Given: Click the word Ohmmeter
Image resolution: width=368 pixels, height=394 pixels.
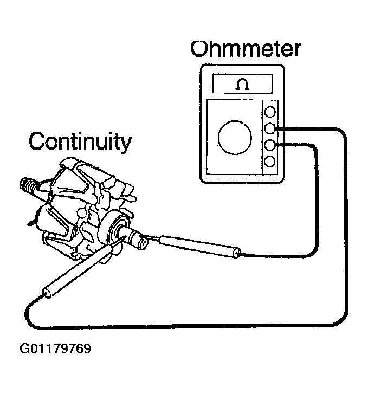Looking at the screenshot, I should click(x=245, y=49).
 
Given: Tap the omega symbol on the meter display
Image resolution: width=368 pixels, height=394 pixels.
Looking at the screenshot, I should click(x=242, y=85).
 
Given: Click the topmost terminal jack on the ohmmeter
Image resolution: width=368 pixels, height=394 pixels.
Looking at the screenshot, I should click(x=269, y=113).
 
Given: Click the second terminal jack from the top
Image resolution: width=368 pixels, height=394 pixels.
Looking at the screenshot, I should click(x=269, y=129).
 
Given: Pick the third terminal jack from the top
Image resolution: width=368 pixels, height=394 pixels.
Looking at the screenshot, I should click(x=269, y=145).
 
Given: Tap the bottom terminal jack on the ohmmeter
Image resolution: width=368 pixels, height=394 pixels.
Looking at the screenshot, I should click(x=269, y=161).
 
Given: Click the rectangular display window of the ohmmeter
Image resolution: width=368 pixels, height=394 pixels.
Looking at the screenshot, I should click(x=242, y=85).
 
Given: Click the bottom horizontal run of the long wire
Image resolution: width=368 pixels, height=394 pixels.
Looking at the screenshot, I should click(x=184, y=326).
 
